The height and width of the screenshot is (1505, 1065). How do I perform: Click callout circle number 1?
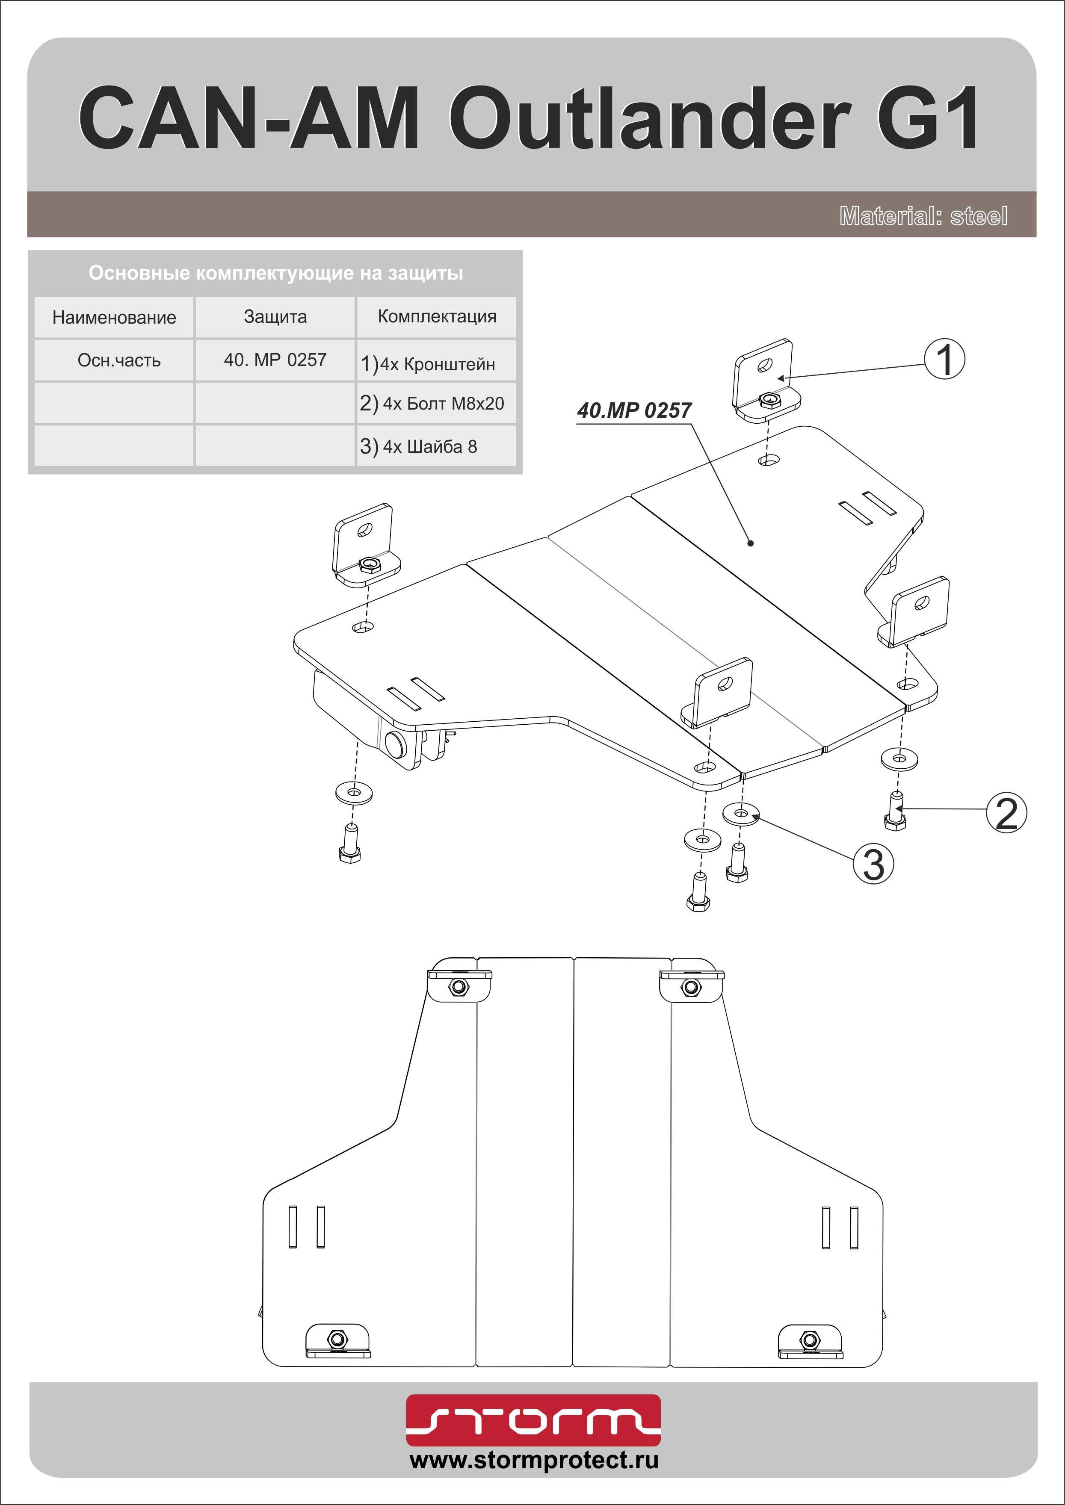(944, 360)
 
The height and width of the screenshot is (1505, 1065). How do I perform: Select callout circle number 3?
(873, 864)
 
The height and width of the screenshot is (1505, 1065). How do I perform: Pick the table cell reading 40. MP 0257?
(275, 360)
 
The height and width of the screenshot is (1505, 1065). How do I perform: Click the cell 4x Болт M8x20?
(436, 403)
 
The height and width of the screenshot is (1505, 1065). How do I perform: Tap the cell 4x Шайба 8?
(436, 446)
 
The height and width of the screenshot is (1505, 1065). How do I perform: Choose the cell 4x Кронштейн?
(436, 364)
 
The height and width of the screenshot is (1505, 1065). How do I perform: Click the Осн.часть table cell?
(119, 360)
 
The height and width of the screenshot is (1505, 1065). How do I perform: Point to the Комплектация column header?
(437, 316)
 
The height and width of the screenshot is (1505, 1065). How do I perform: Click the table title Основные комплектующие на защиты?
(275, 273)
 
